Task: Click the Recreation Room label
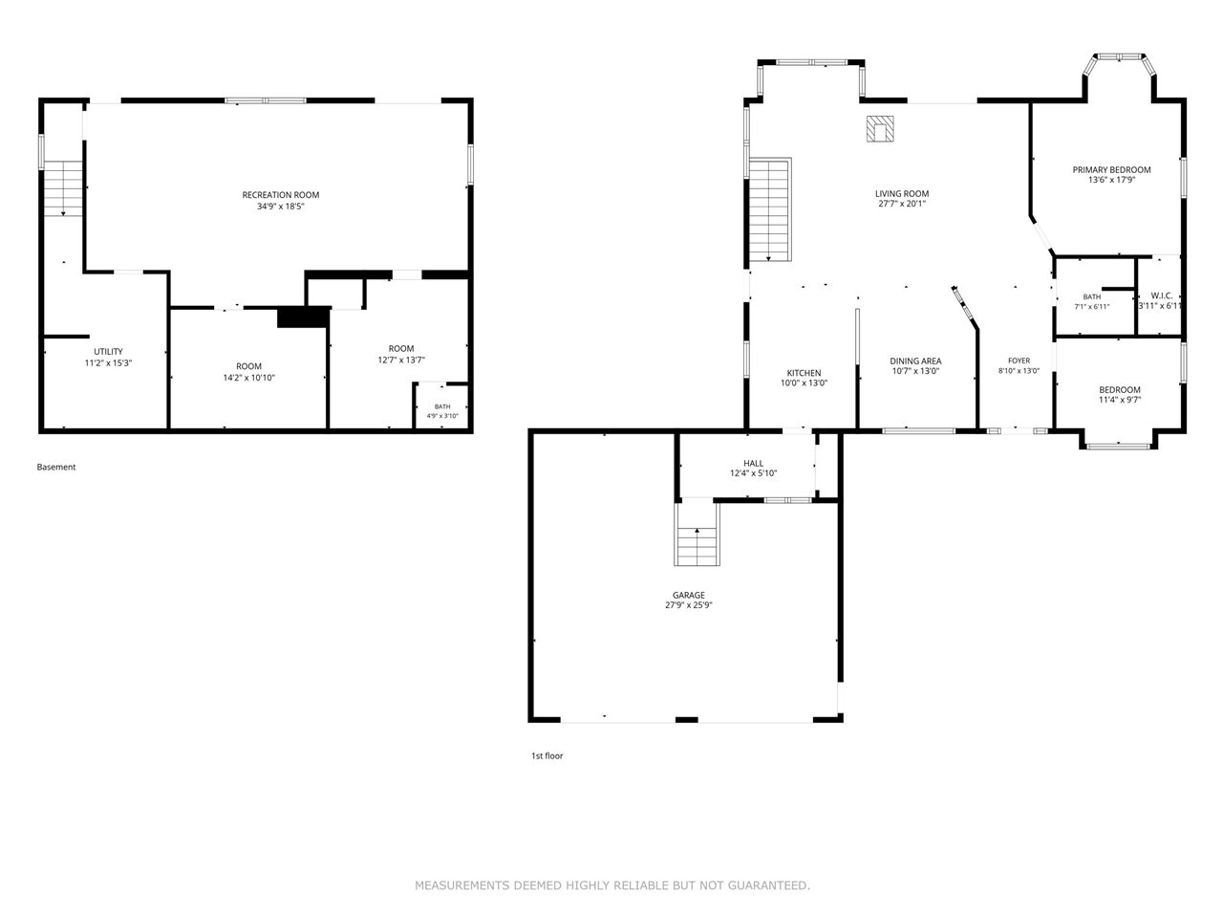pos(280,194)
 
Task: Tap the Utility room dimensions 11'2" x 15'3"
pos(108,362)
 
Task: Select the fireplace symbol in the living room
pos(880,129)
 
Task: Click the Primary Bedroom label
pos(1111,169)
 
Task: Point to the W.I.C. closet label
pos(1162,295)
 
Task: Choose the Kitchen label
pos(804,373)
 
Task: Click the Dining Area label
pos(915,361)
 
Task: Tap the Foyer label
pos(1019,361)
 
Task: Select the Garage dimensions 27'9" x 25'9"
pos(689,604)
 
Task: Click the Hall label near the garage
pos(753,463)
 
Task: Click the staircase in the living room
pos(770,209)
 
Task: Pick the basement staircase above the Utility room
pos(63,188)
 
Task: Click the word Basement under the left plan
pos(56,467)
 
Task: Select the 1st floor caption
pos(547,755)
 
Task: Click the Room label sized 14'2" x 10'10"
pos(248,366)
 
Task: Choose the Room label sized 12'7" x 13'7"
pos(401,348)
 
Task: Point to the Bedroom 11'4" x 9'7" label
pos(1120,389)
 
